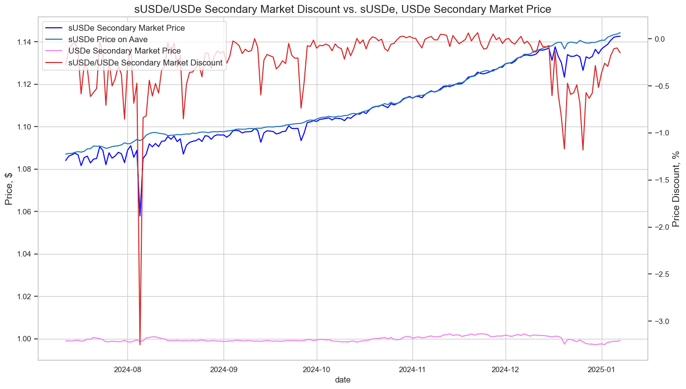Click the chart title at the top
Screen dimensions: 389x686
tap(343, 9)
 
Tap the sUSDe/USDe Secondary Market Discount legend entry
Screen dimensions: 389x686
tap(145, 63)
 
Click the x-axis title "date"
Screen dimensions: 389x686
tap(343, 380)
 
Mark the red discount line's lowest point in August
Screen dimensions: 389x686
tap(140, 344)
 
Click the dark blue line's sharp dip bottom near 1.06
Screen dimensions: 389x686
tap(140, 216)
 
